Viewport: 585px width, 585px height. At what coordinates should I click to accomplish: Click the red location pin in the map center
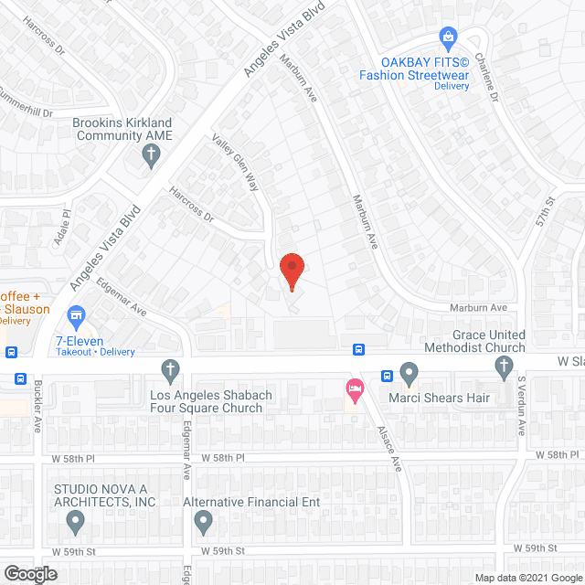[x=291, y=271]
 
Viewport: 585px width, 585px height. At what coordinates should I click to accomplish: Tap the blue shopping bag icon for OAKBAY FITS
[x=448, y=37]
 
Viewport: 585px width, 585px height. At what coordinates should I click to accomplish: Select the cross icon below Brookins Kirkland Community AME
[x=152, y=156]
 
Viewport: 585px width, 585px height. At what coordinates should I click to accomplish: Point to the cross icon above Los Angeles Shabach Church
[x=168, y=370]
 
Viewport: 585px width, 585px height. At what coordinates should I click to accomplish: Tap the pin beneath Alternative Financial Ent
[x=203, y=522]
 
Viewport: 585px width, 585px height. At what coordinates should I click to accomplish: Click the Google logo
[x=29, y=574]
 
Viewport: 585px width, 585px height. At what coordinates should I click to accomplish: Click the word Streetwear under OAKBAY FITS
[x=435, y=75]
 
